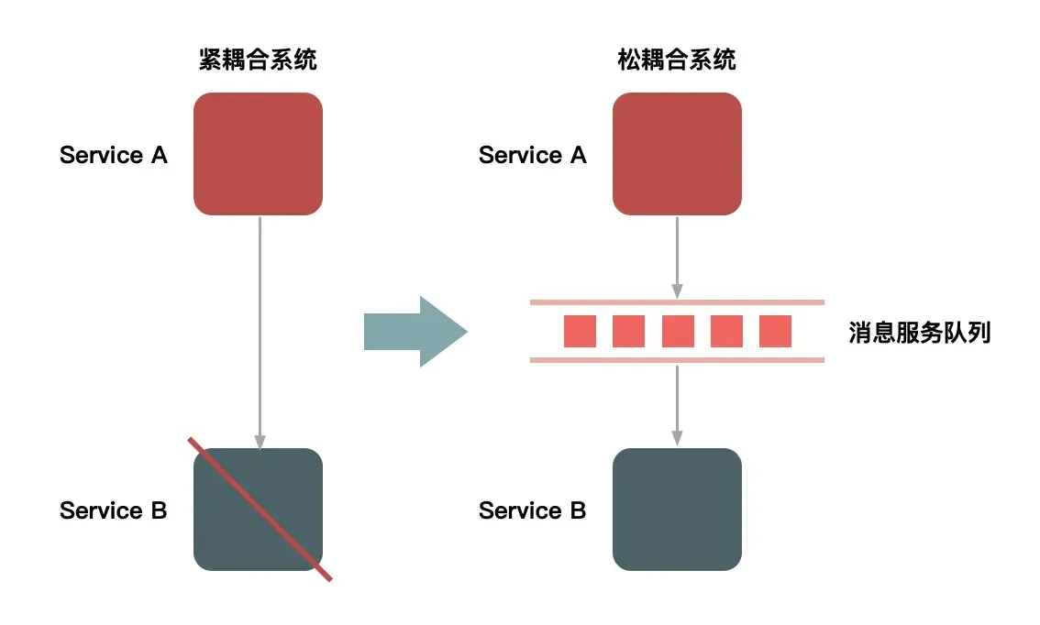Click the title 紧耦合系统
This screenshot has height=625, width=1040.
tap(258, 61)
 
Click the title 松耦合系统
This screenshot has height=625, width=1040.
tap(677, 61)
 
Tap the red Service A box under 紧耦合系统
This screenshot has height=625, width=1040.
tap(258, 154)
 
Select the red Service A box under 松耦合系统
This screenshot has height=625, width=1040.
tap(677, 154)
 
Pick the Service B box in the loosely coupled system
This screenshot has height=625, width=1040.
tap(677, 510)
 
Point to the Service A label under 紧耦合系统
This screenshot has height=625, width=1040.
tap(114, 155)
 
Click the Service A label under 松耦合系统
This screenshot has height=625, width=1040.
tap(532, 155)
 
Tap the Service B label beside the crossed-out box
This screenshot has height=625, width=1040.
tap(114, 510)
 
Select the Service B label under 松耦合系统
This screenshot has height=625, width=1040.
tap(532, 510)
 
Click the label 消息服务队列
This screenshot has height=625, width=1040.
tap(919, 332)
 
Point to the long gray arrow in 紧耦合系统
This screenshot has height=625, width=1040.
tap(260, 330)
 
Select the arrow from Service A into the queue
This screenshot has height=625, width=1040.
tap(677, 257)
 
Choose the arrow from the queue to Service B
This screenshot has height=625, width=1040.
tap(677, 403)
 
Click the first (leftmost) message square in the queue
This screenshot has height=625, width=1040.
tap(580, 331)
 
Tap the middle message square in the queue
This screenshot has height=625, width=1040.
tap(677, 331)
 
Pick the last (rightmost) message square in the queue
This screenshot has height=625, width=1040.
tap(775, 331)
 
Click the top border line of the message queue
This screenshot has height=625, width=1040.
tap(677, 302)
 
